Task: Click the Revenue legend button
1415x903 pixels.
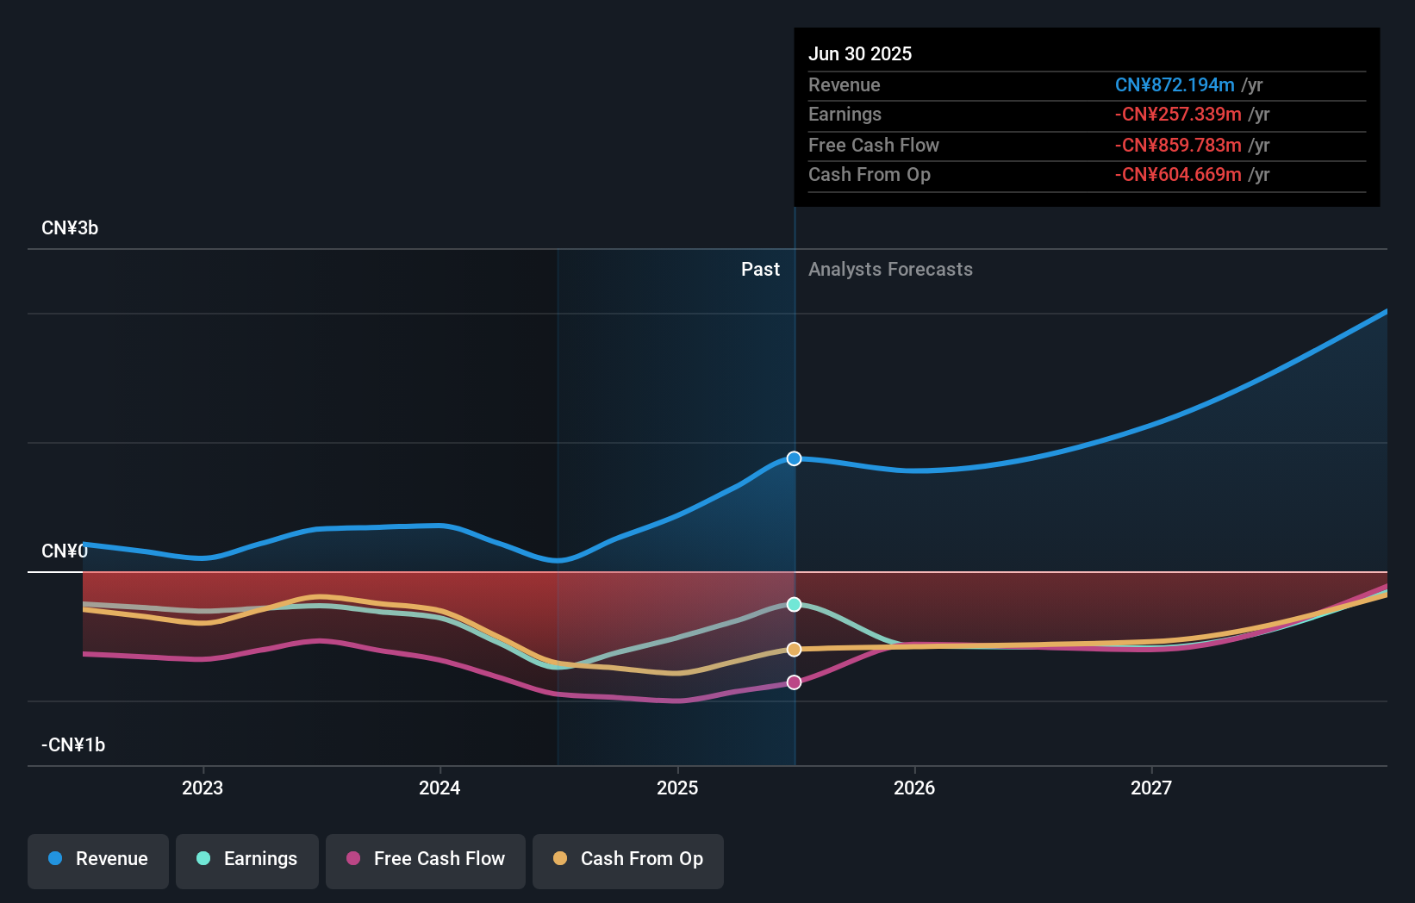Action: [98, 860]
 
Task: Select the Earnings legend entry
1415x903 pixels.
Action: [247, 860]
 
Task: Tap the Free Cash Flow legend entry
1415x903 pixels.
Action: [426, 860]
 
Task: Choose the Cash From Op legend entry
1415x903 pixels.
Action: [628, 860]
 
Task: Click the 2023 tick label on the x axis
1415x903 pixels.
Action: [203, 788]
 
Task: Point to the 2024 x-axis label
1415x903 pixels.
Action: [439, 788]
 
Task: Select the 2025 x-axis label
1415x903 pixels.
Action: [677, 788]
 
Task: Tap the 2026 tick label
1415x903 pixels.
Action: [914, 788]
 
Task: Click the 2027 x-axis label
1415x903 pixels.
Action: [1151, 788]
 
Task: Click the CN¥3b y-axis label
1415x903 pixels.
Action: [70, 228]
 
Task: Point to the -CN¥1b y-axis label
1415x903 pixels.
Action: [73, 745]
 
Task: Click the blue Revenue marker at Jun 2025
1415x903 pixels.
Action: [795, 458]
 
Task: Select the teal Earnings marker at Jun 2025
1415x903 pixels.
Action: [795, 605]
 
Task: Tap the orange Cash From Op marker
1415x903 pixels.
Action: [795, 650]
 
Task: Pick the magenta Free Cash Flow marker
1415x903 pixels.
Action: [795, 682]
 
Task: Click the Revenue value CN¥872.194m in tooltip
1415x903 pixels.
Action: [1175, 85]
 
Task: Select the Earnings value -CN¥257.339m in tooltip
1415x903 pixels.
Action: [1178, 115]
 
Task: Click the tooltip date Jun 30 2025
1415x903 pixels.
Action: [860, 54]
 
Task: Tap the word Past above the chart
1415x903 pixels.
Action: [760, 270]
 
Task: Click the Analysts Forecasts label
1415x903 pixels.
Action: [890, 270]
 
